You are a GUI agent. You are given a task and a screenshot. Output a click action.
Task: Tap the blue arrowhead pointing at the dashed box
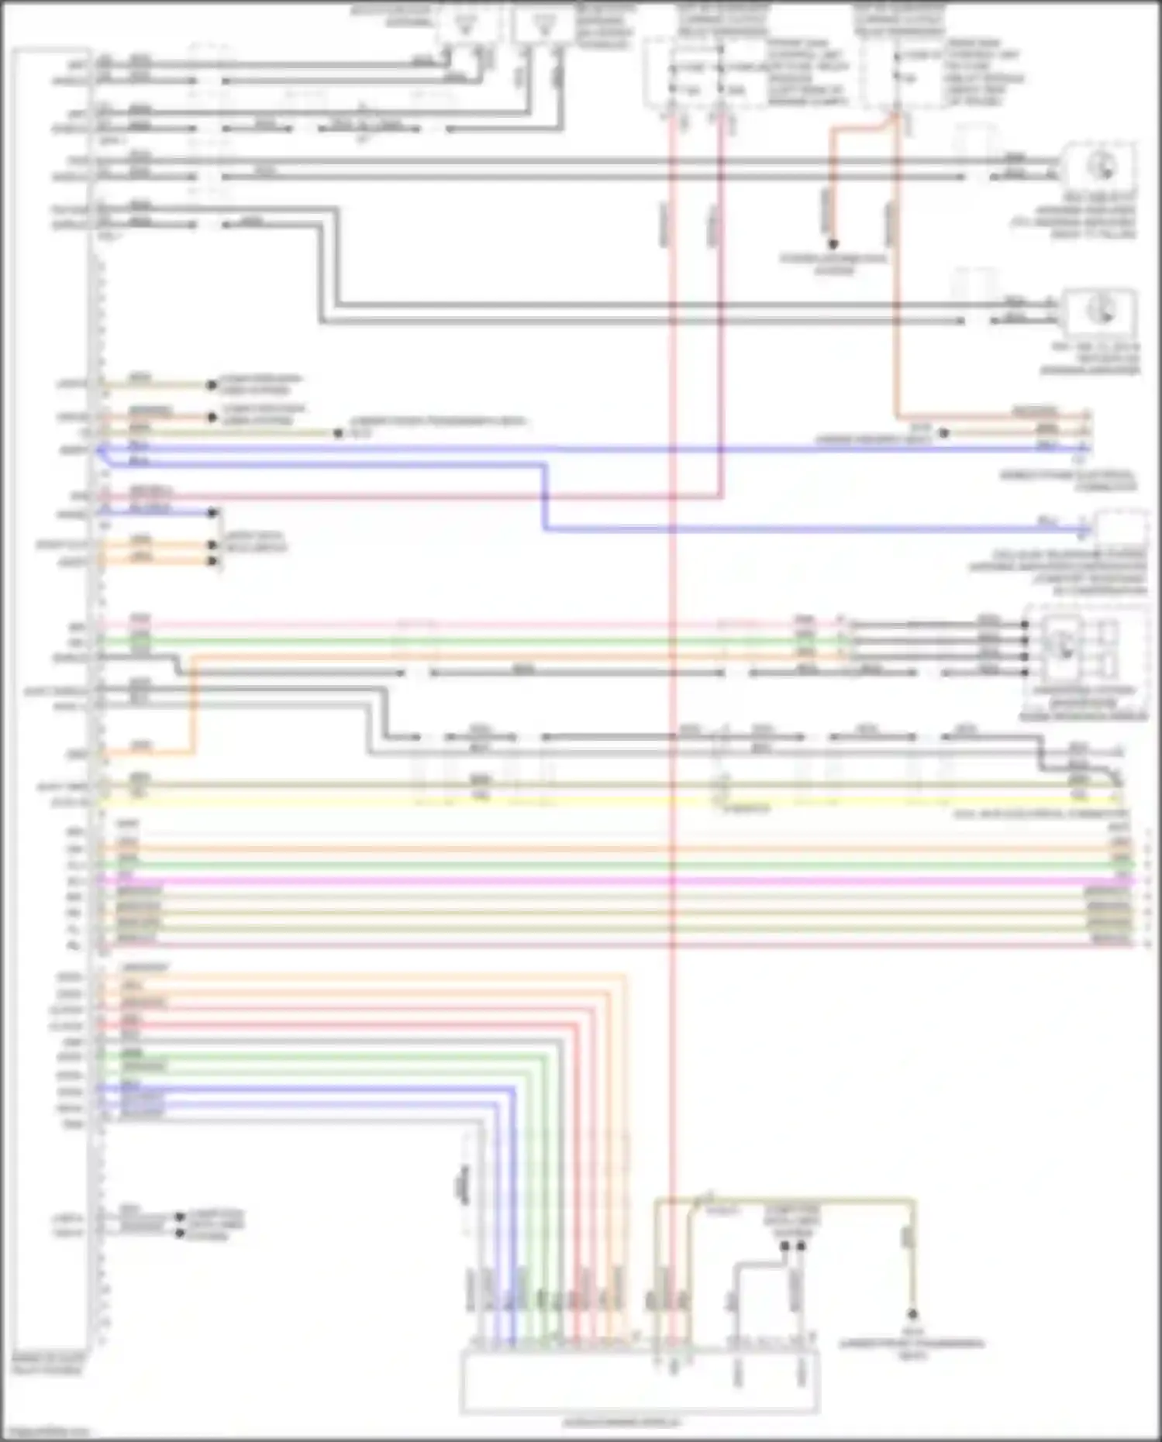coord(1084,531)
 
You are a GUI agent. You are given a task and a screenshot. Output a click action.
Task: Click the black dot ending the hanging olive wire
coord(912,1314)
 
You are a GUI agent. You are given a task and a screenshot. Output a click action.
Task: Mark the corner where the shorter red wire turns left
coord(722,495)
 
